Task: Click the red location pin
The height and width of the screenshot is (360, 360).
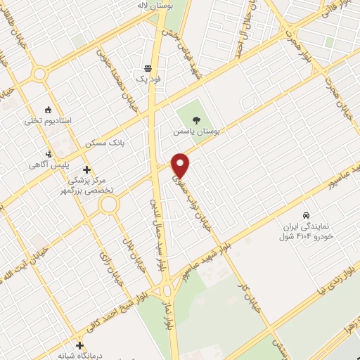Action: coord(181,165)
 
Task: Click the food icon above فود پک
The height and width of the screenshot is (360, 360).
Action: coord(148,68)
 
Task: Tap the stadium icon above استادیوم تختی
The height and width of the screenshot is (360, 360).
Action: coord(47,109)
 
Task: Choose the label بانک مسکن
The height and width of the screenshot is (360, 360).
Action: coord(104,143)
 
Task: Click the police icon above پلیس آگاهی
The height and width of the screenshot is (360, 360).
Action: coord(49,153)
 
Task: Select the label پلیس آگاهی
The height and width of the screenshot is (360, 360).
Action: coord(42,165)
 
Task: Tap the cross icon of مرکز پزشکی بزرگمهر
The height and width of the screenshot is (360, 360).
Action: coord(87,169)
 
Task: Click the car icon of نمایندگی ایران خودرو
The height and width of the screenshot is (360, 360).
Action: coord(306,215)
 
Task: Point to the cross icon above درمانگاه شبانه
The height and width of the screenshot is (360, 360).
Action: coord(82,346)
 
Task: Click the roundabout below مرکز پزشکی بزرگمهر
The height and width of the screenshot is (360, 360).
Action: coord(109,205)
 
